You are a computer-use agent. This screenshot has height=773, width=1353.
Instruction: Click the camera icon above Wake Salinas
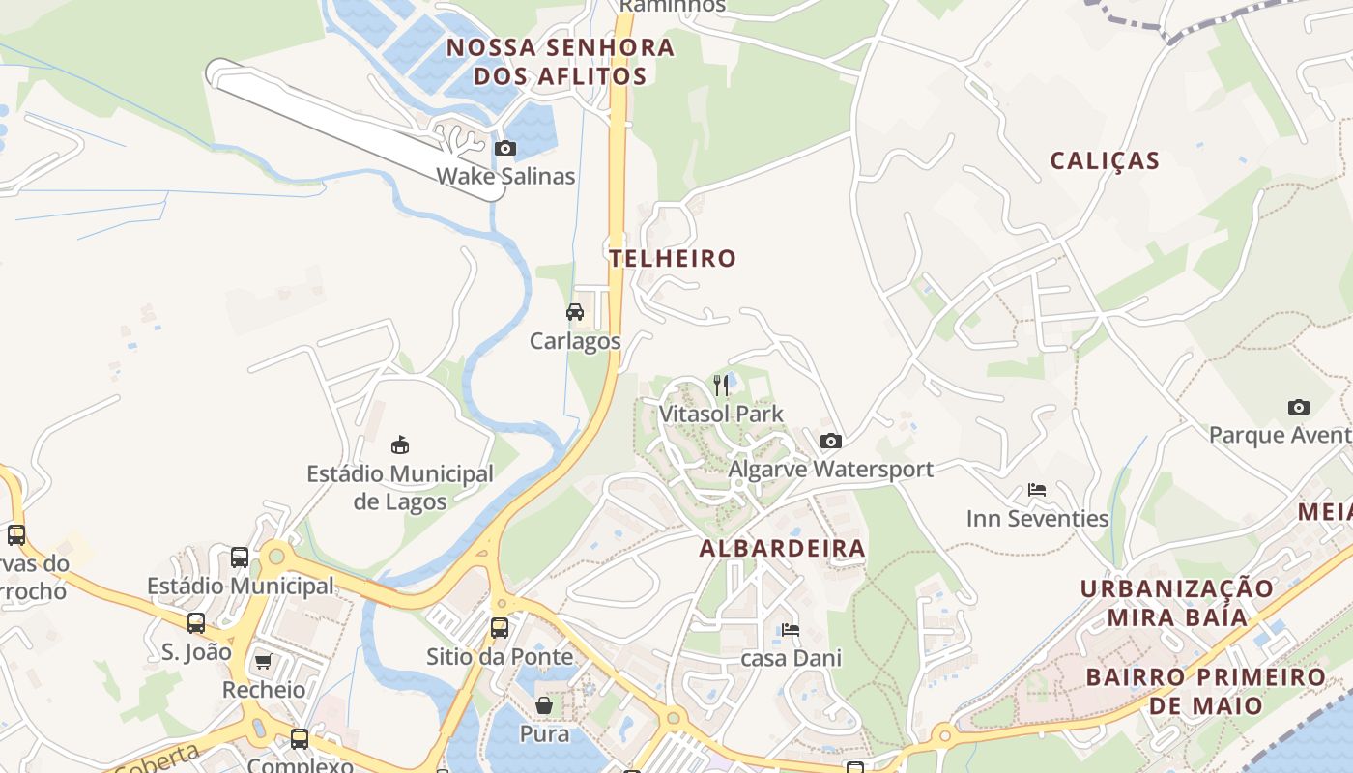[x=504, y=149]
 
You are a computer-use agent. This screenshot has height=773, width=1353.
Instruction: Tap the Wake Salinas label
[x=505, y=176]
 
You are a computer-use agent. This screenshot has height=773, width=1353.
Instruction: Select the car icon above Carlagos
[x=575, y=312]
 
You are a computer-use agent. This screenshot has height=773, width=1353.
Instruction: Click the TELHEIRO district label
[x=673, y=258]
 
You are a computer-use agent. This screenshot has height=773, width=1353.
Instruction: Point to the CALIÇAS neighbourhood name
[x=1105, y=160]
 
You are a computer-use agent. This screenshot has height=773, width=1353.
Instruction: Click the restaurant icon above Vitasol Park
[x=721, y=386]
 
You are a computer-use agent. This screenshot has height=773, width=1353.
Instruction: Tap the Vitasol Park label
[x=721, y=414]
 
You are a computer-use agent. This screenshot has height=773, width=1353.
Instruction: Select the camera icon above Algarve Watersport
[x=830, y=442]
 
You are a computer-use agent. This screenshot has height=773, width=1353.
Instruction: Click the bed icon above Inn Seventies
[x=1037, y=490]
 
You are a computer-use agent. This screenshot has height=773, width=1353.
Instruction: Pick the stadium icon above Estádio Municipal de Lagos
[x=399, y=444]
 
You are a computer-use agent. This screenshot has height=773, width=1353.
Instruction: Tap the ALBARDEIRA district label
[x=782, y=549]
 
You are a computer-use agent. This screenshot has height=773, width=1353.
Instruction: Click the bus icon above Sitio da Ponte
[x=500, y=628]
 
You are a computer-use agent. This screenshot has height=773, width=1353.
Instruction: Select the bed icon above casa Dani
[x=791, y=630]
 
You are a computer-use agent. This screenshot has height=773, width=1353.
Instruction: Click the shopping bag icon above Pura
[x=544, y=705]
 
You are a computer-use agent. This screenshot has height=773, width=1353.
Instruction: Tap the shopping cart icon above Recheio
[x=263, y=662]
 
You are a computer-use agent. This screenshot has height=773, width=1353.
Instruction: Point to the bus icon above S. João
[x=196, y=623]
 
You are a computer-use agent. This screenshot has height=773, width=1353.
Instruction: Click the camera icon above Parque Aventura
[x=1299, y=407]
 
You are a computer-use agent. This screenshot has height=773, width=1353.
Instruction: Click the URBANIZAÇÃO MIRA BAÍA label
[x=1164, y=603]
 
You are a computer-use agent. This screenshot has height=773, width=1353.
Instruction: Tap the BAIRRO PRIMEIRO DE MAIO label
[x=1205, y=691]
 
